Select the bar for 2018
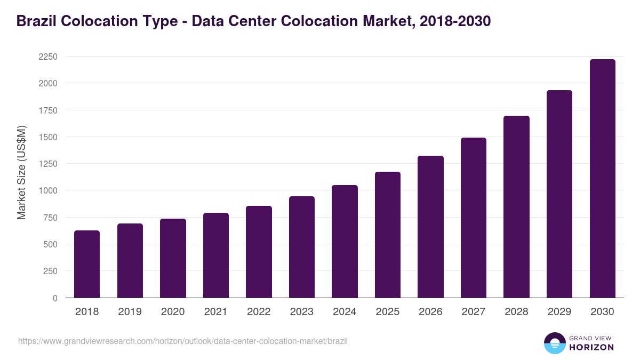point(87,264)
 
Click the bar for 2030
point(602,179)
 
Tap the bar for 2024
point(345,242)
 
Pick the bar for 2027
point(474,218)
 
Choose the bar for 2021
point(216,255)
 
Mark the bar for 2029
point(559,194)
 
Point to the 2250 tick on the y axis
point(47,57)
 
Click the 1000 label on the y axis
point(47,190)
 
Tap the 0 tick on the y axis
point(55,298)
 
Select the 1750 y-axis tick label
point(47,110)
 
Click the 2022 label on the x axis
point(259,312)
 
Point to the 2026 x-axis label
point(430,312)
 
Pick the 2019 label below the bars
point(130,312)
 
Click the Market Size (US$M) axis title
point(21,173)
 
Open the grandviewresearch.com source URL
point(183,341)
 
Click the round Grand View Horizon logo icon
point(554,343)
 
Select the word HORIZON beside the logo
point(591,347)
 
